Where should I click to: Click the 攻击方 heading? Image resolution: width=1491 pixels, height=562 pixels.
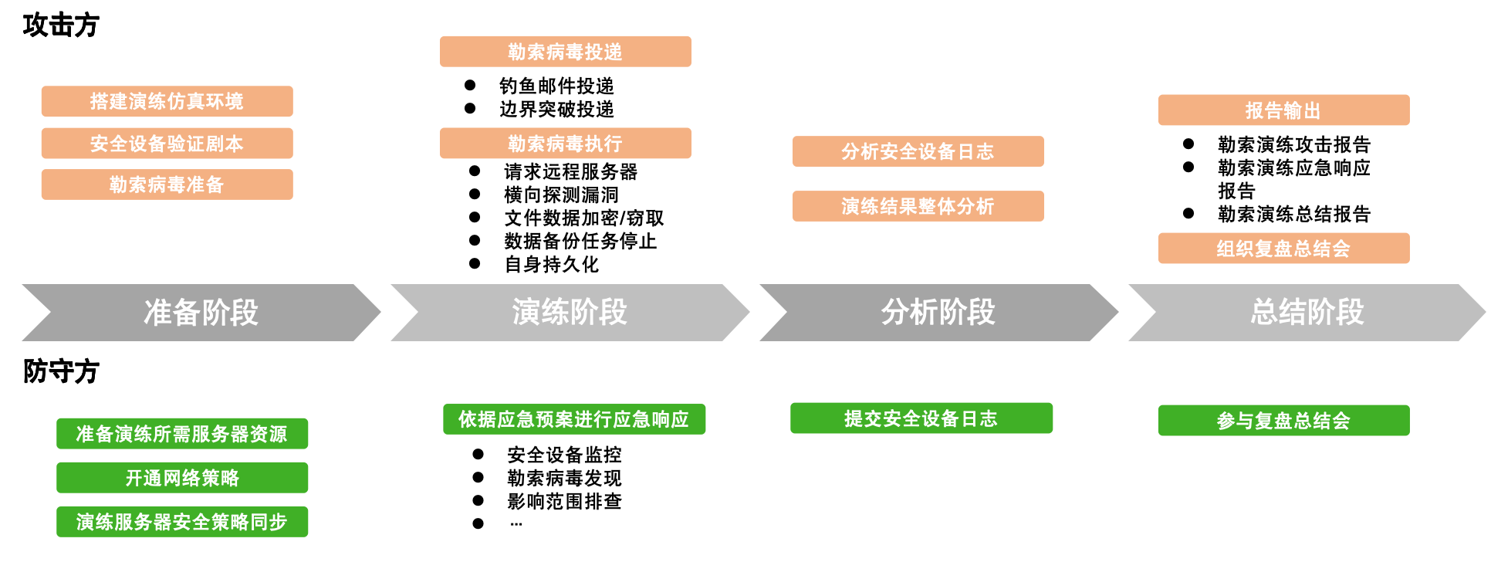(61, 25)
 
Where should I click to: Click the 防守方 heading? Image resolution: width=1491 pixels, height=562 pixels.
(61, 371)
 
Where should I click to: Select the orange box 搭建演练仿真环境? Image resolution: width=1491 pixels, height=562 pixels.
(167, 101)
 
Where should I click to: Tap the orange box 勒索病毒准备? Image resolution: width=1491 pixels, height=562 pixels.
(167, 185)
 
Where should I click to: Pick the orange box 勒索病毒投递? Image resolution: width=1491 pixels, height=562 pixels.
(565, 52)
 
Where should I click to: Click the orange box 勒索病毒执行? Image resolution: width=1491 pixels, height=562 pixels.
(565, 144)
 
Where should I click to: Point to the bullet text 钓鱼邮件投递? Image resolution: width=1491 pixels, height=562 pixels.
(556, 86)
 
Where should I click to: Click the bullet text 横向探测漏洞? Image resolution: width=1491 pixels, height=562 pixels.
(561, 195)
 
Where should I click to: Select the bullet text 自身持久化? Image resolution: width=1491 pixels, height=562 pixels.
(551, 264)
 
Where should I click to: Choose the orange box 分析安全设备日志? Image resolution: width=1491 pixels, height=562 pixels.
(918, 151)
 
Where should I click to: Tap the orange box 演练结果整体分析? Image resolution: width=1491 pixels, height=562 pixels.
(918, 206)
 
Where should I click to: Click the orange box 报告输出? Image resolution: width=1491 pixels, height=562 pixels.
(1283, 110)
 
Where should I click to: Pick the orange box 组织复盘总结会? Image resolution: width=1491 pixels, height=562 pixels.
(1283, 249)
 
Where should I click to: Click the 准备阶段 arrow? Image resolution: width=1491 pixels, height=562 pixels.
(201, 313)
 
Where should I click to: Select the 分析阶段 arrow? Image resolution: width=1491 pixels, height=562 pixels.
(938, 313)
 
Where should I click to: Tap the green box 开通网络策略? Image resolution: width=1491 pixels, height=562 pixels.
(182, 478)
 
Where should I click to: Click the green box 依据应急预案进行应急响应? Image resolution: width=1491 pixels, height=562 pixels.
(573, 419)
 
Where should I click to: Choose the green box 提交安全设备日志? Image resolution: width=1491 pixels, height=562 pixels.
(921, 418)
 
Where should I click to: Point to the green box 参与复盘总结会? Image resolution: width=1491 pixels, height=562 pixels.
(1283, 421)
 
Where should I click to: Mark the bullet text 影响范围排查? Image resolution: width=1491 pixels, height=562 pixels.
(564, 501)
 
